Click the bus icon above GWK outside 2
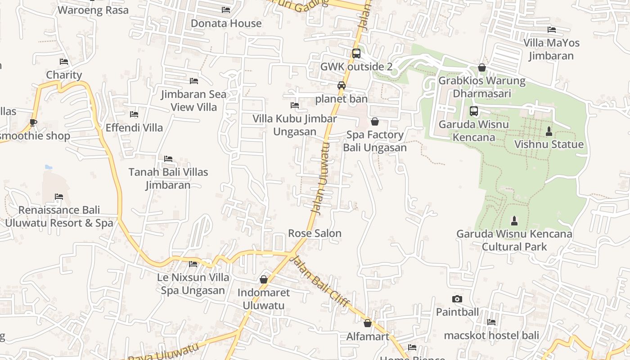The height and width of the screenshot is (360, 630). tap(356, 54)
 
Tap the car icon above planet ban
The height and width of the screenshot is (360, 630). tap(342, 85)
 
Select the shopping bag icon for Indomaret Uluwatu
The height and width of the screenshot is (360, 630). tap(264, 279)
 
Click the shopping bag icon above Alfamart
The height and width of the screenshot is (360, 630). tap(368, 323)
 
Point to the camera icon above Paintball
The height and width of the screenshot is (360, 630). tap(457, 299)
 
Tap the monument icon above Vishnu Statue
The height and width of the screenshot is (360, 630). tap(549, 131)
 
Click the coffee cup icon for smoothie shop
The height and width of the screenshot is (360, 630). tap(33, 122)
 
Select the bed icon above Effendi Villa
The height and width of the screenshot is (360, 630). tap(134, 114)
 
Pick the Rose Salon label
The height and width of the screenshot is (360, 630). tap(315, 233)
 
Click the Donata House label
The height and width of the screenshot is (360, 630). tap(226, 23)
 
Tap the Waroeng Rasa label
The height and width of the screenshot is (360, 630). tap(93, 10)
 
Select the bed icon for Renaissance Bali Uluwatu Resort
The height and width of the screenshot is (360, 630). tap(59, 197)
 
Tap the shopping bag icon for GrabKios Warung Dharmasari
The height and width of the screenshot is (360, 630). tap(482, 67)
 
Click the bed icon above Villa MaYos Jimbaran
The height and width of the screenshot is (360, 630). tap(551, 30)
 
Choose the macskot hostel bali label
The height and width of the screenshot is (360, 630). tap(491, 335)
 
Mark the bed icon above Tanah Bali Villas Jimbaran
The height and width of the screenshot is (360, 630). tap(168, 159)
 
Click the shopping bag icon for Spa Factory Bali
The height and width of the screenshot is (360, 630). tap(374, 121)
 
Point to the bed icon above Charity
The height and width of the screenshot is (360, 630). tap(64, 62)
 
